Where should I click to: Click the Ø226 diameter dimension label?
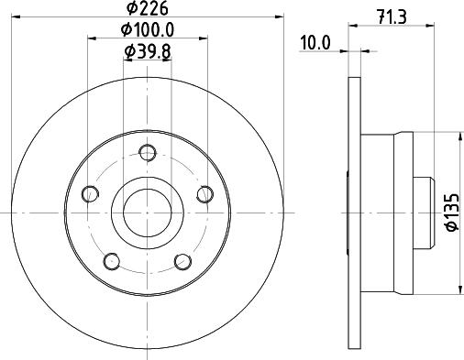click(x=148, y=8)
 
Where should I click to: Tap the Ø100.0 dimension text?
click(x=148, y=30)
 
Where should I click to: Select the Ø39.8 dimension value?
click(x=148, y=51)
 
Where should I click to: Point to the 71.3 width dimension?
click(x=392, y=17)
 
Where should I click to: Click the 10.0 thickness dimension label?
click(x=315, y=43)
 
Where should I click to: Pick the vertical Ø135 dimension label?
click(x=451, y=212)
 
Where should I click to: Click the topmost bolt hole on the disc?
click(x=148, y=152)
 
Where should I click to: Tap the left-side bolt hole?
click(x=91, y=193)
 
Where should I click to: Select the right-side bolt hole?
click(x=204, y=194)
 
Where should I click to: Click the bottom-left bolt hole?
click(x=112, y=261)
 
